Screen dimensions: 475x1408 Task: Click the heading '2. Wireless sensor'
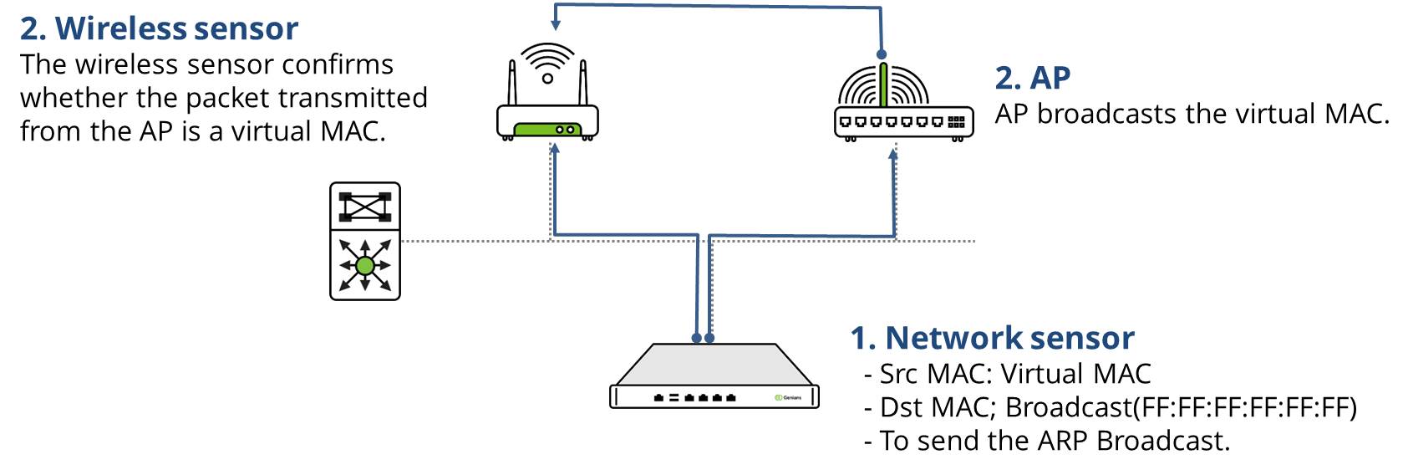point(159,28)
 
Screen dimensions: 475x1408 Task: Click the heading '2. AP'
point(1032,78)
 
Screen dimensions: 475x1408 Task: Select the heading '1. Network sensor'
point(992,338)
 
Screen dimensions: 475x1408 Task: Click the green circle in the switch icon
point(364,266)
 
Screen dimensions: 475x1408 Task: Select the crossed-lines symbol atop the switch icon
point(365,206)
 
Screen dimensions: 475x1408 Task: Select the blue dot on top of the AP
point(882,54)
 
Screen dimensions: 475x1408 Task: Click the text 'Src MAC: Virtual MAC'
point(1014,374)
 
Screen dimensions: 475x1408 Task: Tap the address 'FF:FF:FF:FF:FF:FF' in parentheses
point(1244,407)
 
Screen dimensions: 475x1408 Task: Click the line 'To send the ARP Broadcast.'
point(1054,441)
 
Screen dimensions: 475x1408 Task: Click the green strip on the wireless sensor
point(547,130)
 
